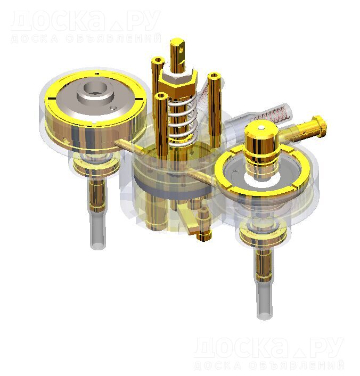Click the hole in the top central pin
pos(181,50)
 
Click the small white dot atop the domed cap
pos(261,128)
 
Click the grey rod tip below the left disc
pos(98,245)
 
